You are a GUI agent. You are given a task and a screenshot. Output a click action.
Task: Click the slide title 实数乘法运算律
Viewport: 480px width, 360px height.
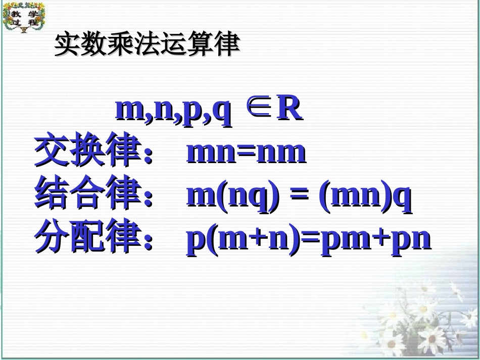point(147,45)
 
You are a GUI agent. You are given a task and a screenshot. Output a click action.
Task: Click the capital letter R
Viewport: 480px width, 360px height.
point(289,108)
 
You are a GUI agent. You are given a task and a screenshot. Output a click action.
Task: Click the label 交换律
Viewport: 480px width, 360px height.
point(86,151)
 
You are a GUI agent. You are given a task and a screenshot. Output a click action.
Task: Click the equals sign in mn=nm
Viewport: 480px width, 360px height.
point(246,152)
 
